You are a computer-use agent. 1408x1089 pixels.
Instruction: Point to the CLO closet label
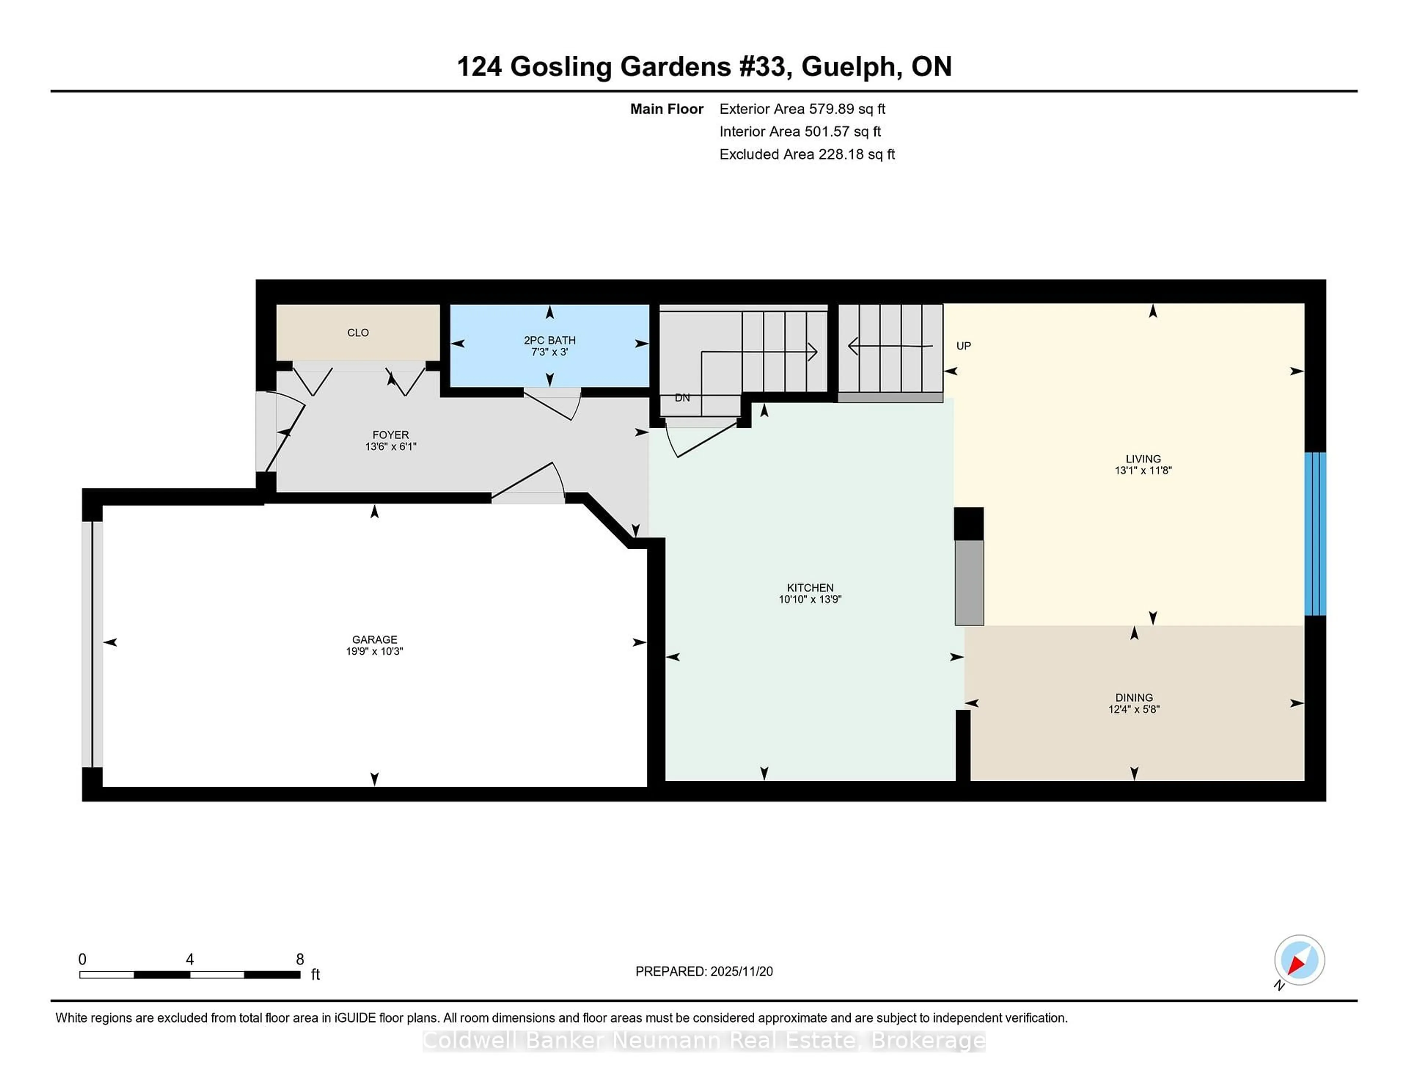pyautogui.click(x=358, y=333)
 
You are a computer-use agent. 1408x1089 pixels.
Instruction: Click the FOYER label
pyautogui.click(x=390, y=435)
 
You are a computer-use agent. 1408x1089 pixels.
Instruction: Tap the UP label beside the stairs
pyautogui.click(x=963, y=346)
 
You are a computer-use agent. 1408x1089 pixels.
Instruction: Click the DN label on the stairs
pyautogui.click(x=682, y=398)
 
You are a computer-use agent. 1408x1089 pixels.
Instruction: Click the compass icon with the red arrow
pyautogui.click(x=1299, y=960)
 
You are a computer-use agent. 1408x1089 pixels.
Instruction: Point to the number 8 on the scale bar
pyautogui.click(x=300, y=959)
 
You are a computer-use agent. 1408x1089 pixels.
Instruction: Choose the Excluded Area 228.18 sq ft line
pyautogui.click(x=807, y=154)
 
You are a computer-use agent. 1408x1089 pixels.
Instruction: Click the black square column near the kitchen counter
pyautogui.click(x=968, y=523)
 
